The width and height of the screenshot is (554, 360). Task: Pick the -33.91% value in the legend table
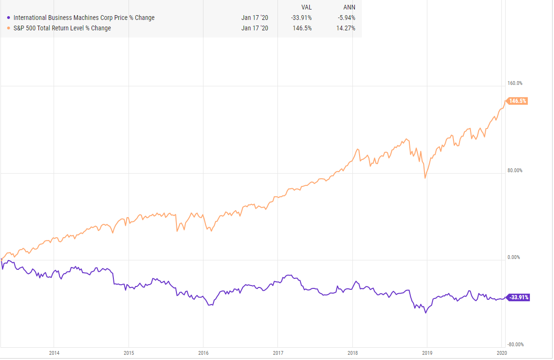pyautogui.click(x=302, y=18)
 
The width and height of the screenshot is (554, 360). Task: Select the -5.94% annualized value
pyautogui.click(x=345, y=18)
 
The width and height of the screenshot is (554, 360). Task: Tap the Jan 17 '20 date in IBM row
pyautogui.click(x=254, y=18)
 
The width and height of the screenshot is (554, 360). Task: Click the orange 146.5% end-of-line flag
pyautogui.click(x=517, y=101)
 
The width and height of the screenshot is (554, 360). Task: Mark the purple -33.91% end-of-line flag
pyautogui.click(x=518, y=297)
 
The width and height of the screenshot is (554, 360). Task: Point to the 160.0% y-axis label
pyautogui.click(x=515, y=83)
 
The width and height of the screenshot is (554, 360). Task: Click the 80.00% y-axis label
pyautogui.click(x=515, y=170)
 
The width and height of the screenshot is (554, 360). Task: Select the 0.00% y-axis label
pyautogui.click(x=514, y=258)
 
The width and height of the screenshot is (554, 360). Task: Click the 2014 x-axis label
pyautogui.click(x=54, y=352)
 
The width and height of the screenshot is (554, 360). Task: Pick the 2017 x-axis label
pyautogui.click(x=278, y=352)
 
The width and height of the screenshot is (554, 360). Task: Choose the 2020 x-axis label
pyautogui.click(x=501, y=352)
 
